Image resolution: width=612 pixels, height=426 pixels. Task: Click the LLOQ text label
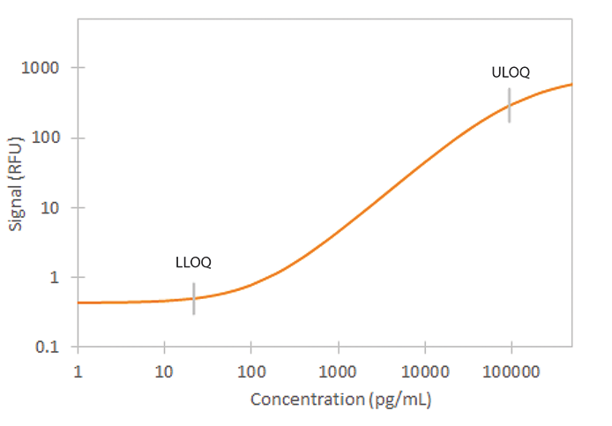pyautogui.click(x=193, y=262)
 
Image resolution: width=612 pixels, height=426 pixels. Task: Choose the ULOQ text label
pyautogui.click(x=511, y=72)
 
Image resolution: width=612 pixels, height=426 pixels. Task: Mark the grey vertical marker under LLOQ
pyautogui.click(x=194, y=299)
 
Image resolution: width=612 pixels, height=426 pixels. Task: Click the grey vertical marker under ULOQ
pyautogui.click(x=509, y=105)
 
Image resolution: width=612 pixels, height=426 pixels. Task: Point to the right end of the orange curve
pyautogui.click(x=571, y=85)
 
